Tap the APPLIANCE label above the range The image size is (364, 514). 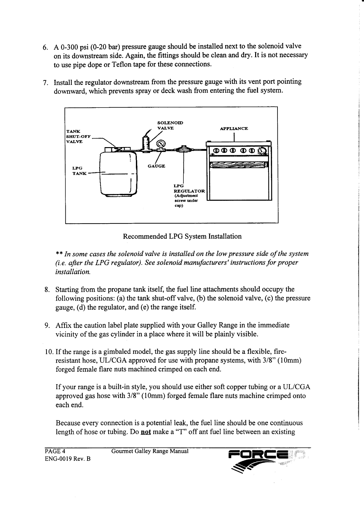pos(234,129)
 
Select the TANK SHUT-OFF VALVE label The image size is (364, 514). pos(77,136)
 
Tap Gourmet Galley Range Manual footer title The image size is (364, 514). pos(150,451)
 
